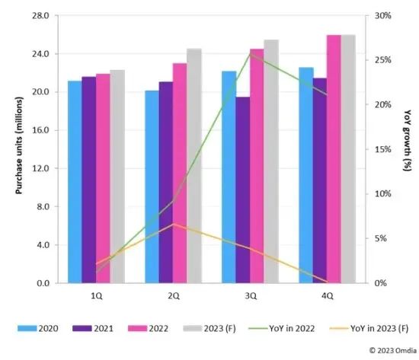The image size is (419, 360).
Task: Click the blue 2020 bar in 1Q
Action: click(75, 183)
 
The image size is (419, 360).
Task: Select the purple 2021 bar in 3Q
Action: click(242, 190)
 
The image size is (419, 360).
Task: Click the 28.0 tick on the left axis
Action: click(40, 16)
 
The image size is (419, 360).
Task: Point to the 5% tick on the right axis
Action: click(379, 238)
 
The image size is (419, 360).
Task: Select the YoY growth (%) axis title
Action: click(403, 149)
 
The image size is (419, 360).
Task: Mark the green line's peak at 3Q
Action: click(250, 54)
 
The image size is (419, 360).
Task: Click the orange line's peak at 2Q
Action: click(174, 224)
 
